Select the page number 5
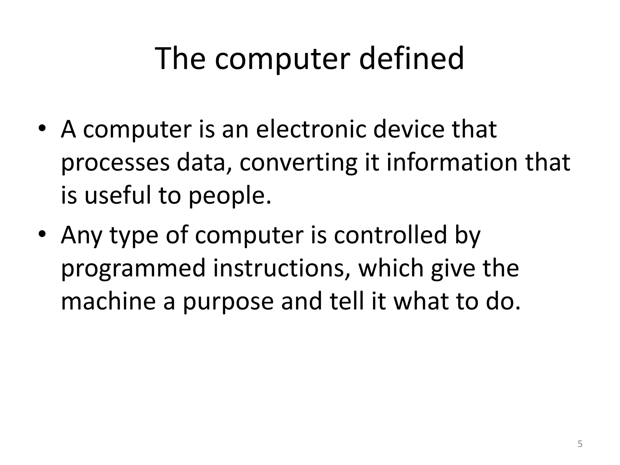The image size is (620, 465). pyautogui.click(x=580, y=444)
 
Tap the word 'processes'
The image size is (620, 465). pyautogui.click(x=115, y=163)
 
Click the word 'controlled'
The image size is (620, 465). pyautogui.click(x=390, y=235)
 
